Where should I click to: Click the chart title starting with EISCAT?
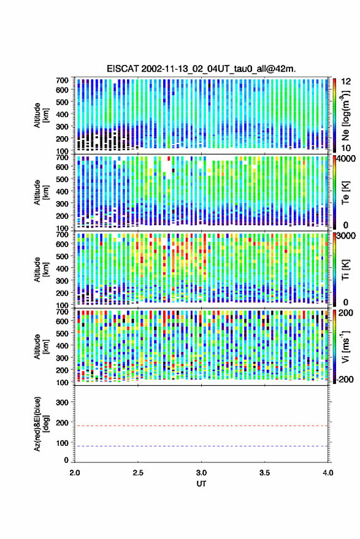201,69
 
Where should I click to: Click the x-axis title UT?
201,484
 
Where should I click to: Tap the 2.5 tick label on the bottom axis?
138,473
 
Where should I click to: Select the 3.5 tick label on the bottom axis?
264,473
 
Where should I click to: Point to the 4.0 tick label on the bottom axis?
327,473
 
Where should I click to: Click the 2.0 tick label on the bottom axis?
75,473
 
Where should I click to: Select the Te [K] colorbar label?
345,193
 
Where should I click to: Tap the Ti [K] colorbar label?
345,269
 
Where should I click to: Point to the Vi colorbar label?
345,346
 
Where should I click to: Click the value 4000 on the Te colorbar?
345,159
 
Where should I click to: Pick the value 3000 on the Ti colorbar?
345,236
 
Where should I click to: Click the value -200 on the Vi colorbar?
344,379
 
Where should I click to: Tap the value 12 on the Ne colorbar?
346,82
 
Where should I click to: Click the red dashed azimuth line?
201,426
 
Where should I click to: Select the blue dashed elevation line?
201,446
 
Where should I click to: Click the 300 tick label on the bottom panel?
62,402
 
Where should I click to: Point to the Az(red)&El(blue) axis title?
41,424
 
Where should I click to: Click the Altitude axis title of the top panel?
41,115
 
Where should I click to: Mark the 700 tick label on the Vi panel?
62,312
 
